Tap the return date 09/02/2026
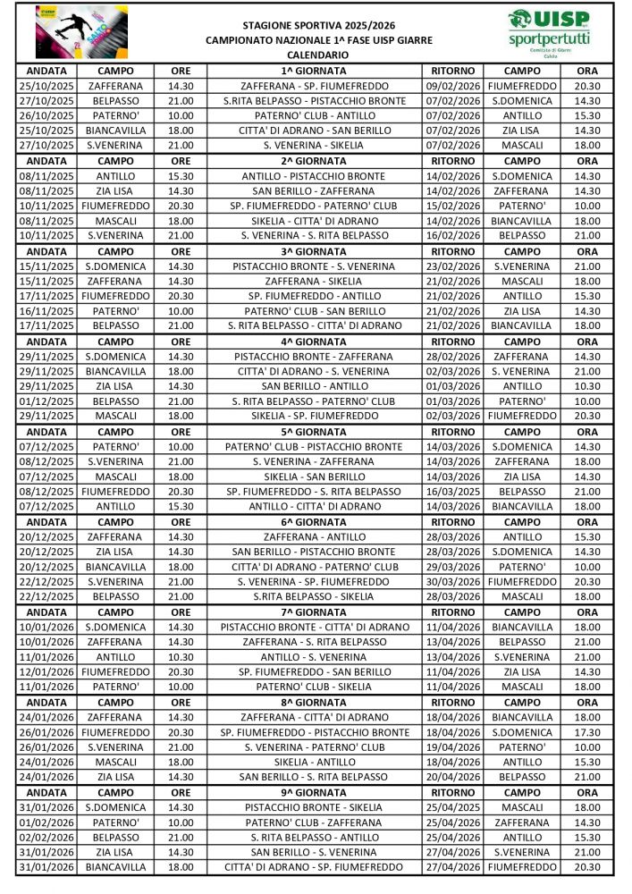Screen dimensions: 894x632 click(x=454, y=86)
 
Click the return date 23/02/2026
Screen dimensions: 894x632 click(x=454, y=266)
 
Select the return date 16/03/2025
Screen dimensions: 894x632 click(x=454, y=492)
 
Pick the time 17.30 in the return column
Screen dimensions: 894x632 click(x=587, y=732)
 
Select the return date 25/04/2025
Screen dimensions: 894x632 click(x=454, y=807)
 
